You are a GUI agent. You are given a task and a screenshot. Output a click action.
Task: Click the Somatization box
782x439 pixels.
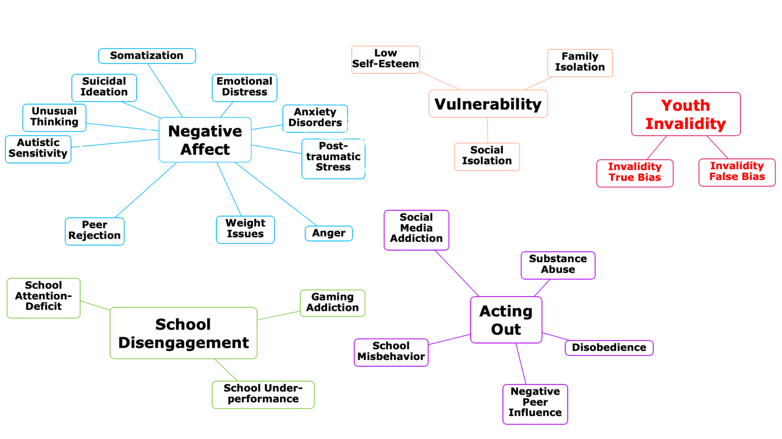[x=147, y=56]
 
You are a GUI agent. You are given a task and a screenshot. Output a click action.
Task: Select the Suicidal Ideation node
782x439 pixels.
[x=104, y=87]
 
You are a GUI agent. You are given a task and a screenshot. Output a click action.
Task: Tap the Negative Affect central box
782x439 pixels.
[x=205, y=140]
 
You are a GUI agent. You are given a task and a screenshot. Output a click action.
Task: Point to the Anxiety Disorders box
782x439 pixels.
[x=315, y=118]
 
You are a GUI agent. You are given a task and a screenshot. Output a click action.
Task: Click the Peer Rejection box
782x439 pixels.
[x=94, y=230]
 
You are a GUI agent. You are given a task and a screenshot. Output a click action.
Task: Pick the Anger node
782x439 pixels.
[x=328, y=233]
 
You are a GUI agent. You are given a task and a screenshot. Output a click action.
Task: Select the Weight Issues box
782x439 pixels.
[x=245, y=229]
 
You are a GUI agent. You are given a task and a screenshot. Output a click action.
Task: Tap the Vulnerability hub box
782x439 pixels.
[x=488, y=104]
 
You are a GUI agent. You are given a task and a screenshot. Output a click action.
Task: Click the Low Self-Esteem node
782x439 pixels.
[x=385, y=59]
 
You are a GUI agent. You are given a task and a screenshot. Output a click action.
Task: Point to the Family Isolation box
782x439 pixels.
[x=580, y=62]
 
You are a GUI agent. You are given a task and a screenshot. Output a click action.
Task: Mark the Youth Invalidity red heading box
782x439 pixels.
[x=686, y=114]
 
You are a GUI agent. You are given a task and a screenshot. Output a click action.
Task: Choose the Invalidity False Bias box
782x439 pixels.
[x=737, y=172]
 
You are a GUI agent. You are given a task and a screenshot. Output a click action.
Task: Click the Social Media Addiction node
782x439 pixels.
[x=416, y=229]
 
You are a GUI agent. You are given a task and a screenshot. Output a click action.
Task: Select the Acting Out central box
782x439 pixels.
[x=506, y=320]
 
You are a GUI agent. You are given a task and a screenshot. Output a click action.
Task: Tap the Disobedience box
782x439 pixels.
[x=609, y=347]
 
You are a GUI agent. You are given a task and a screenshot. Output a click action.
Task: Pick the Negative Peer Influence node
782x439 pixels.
[x=535, y=403]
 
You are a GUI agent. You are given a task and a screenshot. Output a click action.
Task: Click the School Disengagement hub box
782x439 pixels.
[x=183, y=333]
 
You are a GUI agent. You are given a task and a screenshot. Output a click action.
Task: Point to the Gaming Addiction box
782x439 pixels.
[x=332, y=303]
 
